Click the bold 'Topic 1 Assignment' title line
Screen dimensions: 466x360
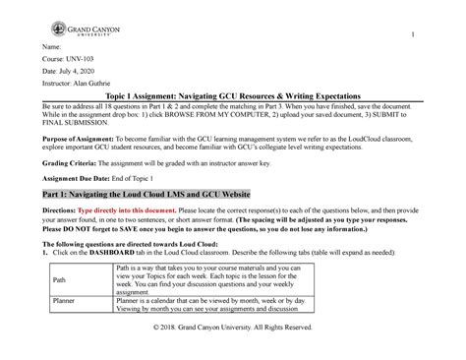coord(233,115)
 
